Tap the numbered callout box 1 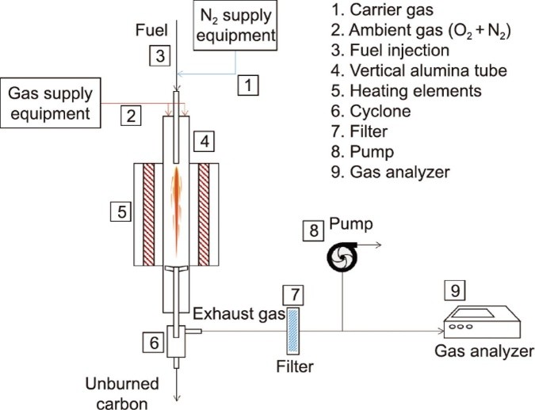[250, 83]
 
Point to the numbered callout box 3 [159, 56]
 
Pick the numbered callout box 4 [204, 142]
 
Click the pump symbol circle [342, 255]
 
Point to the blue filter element [294, 332]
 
